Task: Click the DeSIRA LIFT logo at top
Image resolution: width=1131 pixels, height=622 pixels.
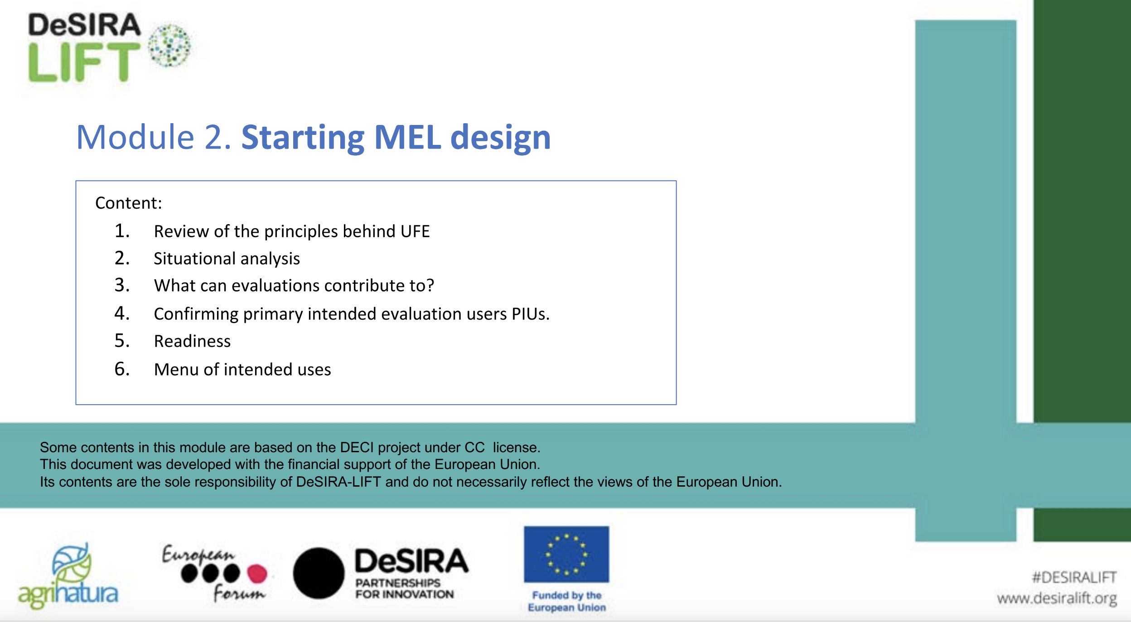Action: click(x=109, y=48)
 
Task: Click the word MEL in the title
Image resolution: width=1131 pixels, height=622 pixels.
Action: click(x=407, y=137)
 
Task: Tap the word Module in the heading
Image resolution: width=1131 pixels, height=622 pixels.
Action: click(x=135, y=137)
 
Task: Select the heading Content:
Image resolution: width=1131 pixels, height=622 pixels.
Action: click(x=128, y=203)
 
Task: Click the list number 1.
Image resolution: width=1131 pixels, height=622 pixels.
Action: click(x=122, y=231)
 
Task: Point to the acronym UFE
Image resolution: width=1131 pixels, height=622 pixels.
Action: click(x=415, y=231)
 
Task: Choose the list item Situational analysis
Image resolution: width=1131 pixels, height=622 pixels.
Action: click(x=227, y=258)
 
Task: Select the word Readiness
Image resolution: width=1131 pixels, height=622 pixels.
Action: click(x=192, y=341)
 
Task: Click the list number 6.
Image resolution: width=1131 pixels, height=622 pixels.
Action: click(x=122, y=369)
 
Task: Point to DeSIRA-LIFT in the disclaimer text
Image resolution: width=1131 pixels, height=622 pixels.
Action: click(x=338, y=482)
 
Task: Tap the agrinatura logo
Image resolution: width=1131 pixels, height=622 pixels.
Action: click(x=68, y=576)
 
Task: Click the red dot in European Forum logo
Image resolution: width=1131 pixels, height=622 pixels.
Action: click(x=257, y=574)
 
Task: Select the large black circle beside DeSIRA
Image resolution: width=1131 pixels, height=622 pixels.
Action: click(x=319, y=573)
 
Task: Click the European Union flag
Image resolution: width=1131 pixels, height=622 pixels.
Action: click(x=566, y=554)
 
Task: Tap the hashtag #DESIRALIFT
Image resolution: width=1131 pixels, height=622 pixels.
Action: click(x=1073, y=577)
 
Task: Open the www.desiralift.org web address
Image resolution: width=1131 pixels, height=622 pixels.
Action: click(x=1056, y=598)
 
